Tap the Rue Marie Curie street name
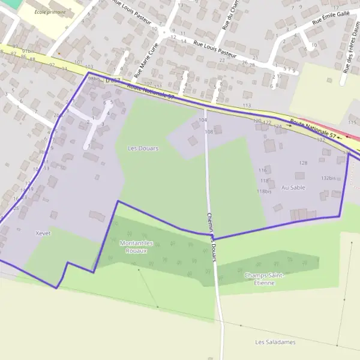tap(147, 61)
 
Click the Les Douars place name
tap(143, 148)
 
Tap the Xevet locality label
tap(43, 232)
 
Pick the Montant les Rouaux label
tap(136, 247)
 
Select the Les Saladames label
tap(275, 342)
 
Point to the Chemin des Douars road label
tap(211, 237)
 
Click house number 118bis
tap(264, 191)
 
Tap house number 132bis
tap(328, 178)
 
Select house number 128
tap(303, 163)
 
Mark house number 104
tap(202, 121)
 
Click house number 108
tap(209, 131)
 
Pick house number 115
tap(352, 122)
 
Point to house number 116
tap(262, 170)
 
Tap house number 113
tap(247, 106)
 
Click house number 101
tap(77, 62)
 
